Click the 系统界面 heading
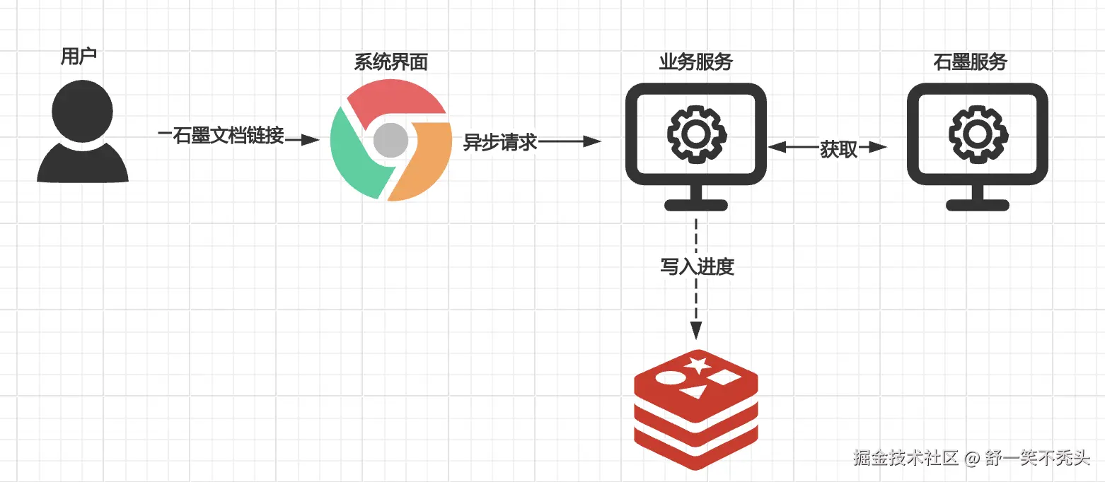tap(390, 62)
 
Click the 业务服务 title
tap(695, 62)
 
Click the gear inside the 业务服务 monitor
tap(695, 133)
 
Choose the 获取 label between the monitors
tap(838, 149)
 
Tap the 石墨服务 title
tap(969, 62)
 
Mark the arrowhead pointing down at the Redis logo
tap(696, 330)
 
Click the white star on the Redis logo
tap(698, 365)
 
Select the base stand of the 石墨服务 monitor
tap(978, 205)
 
